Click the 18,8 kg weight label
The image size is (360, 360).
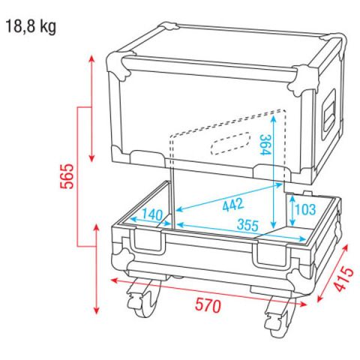pyautogui.click(x=31, y=27)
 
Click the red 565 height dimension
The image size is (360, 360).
pyautogui.click(x=67, y=176)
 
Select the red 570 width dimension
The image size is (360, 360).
pyautogui.click(x=208, y=305)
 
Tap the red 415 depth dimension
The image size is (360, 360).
pyautogui.click(x=344, y=279)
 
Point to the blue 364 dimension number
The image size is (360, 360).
pyautogui.click(x=265, y=145)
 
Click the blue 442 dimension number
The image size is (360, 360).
pyautogui.click(x=233, y=205)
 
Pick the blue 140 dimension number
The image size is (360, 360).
pyautogui.click(x=152, y=214)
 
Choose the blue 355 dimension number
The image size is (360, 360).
pyautogui.click(x=247, y=225)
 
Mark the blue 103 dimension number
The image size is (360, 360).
pyautogui.click(x=305, y=209)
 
